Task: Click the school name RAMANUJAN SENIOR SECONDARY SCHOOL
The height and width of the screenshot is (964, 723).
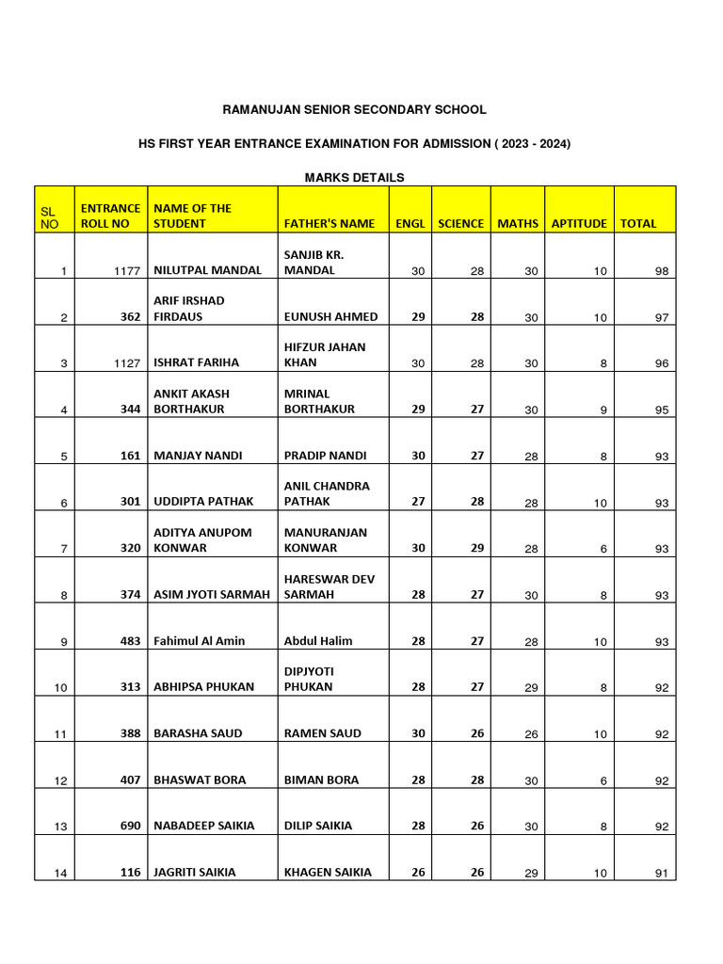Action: [x=354, y=110]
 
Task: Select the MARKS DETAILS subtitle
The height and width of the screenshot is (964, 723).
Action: [x=354, y=177]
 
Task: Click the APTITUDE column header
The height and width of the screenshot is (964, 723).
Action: [x=579, y=224]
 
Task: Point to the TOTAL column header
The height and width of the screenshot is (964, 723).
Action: [x=637, y=224]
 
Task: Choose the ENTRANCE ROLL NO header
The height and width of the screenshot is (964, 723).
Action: [x=110, y=216]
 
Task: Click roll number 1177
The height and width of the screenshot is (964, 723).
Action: [x=126, y=271]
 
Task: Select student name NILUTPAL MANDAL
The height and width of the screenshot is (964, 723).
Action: [x=207, y=270]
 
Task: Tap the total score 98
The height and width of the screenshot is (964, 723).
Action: [x=661, y=271]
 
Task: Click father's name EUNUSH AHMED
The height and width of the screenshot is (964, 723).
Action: [x=330, y=316]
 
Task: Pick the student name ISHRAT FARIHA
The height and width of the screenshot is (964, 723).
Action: [x=196, y=362]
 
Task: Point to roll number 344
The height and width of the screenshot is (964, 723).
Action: [x=130, y=410]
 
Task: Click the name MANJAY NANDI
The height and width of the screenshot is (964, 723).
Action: [x=198, y=456]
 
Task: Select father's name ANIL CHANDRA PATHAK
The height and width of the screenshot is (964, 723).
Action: [x=327, y=494]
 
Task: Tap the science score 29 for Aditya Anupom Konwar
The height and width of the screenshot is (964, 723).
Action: [x=477, y=548]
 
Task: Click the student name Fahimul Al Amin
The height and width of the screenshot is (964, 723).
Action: [x=199, y=641]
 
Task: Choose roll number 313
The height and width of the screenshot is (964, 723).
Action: [x=130, y=687]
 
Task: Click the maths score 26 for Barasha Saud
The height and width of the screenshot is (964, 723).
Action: [x=531, y=734]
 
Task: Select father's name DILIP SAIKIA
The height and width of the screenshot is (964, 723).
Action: [x=318, y=826]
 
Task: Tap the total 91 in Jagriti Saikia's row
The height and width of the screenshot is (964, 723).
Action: [x=661, y=874]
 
